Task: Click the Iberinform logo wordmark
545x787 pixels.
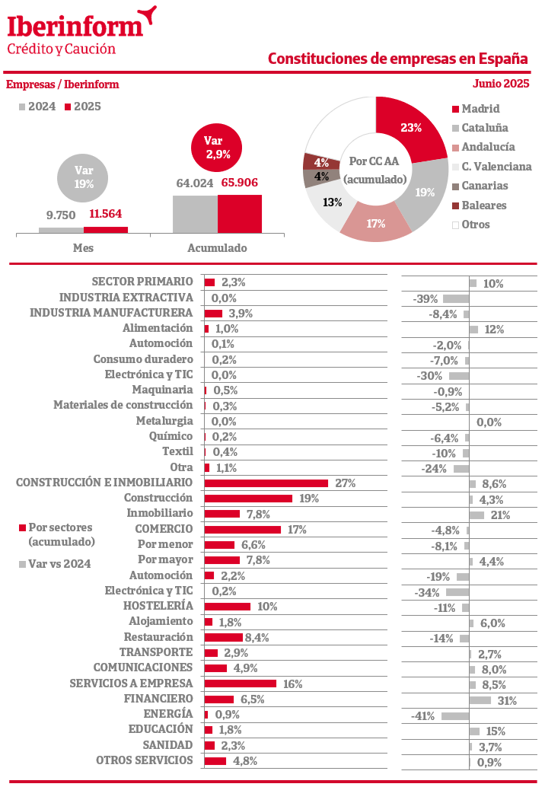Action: (75, 26)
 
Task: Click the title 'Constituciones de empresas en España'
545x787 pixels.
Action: (398, 59)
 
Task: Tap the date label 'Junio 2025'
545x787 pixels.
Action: (500, 84)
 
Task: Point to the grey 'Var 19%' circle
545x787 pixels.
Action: (83, 177)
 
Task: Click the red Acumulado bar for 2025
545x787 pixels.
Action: (240, 213)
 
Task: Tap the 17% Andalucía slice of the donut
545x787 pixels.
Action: (375, 223)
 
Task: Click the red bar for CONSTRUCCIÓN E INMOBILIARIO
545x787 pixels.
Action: (266, 483)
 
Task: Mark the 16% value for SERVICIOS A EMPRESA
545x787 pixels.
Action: (293, 684)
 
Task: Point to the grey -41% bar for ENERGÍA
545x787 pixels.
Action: (454, 715)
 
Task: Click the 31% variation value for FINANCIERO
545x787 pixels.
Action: (506, 700)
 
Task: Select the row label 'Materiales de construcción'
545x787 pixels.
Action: (123, 405)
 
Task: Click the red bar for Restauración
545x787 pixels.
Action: (223, 638)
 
